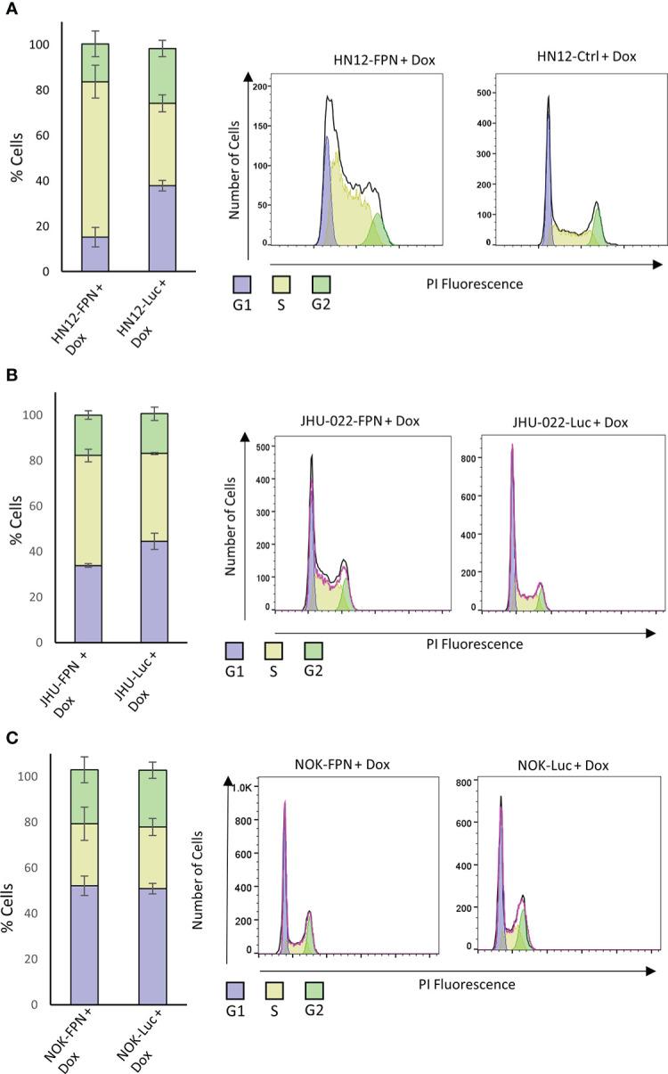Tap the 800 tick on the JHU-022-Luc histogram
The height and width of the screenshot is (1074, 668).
click(x=490, y=459)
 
